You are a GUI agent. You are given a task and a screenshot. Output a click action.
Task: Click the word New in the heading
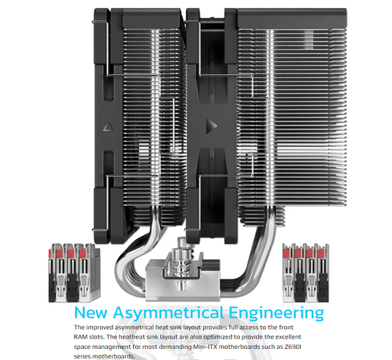click(91, 312)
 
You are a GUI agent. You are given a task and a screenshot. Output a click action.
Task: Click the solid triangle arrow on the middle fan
click(211, 126)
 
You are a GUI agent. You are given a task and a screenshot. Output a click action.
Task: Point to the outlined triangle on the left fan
click(108, 127)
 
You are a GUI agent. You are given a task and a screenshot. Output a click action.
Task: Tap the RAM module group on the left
click(74, 273)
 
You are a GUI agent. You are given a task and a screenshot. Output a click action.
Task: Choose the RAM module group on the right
click(306, 273)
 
